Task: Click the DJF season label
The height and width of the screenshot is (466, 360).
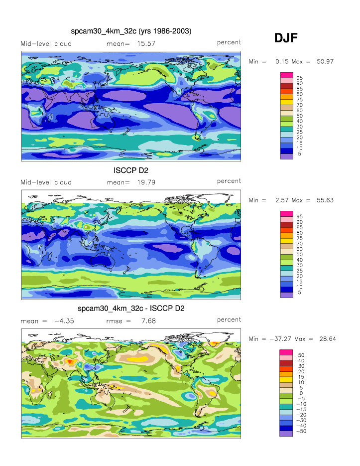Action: coord(286,38)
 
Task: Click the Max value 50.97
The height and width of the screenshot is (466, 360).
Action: coord(325,61)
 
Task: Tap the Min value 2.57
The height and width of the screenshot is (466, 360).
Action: coord(283,200)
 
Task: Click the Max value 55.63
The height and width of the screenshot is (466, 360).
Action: coord(325,200)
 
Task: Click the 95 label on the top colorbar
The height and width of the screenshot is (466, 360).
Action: coord(300,78)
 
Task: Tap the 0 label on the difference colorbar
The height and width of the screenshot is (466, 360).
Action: coord(300,393)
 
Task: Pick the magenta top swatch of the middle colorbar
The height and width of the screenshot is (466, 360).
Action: coord(286,214)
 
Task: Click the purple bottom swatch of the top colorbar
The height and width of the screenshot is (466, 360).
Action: coord(286,156)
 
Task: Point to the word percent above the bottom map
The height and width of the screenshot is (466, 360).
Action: coord(229,320)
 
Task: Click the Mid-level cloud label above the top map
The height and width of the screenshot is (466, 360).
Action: coord(46,44)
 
